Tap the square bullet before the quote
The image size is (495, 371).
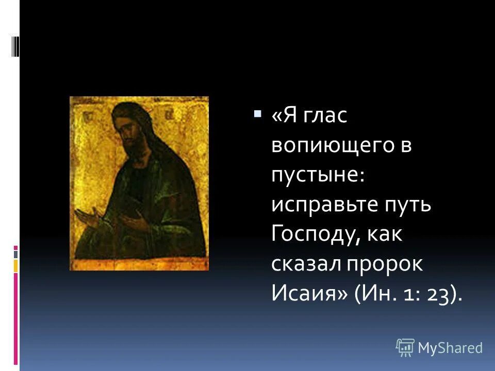(x=257, y=113)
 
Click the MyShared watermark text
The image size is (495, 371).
(x=450, y=348)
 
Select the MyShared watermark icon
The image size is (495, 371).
(x=405, y=348)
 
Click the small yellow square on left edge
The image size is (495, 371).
(x=15, y=265)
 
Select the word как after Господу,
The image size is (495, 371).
(x=382, y=235)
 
